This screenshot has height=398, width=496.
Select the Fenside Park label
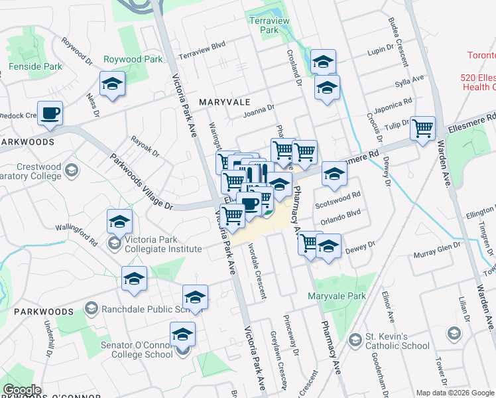click(35, 66)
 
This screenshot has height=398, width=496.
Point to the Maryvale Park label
click(337, 296)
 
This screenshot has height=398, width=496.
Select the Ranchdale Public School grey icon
click(92, 308)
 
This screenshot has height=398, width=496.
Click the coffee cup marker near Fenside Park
click(50, 113)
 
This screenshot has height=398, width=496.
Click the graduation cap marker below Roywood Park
click(113, 84)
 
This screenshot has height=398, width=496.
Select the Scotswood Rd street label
click(338, 196)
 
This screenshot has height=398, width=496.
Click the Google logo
click(22, 390)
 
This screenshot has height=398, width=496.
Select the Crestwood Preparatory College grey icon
click(71, 171)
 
